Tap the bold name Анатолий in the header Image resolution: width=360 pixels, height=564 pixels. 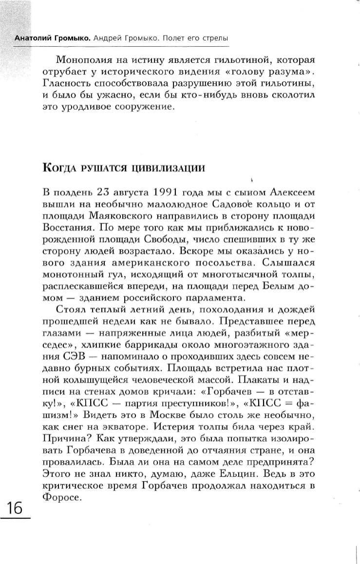click(33, 38)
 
